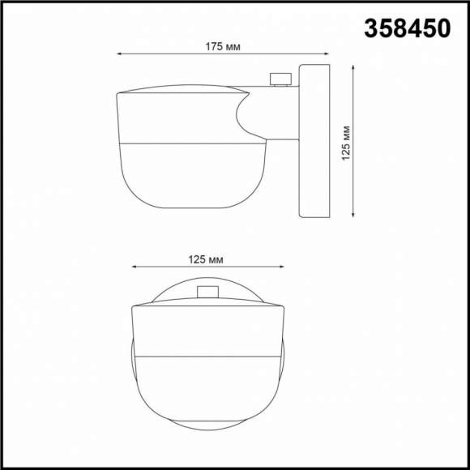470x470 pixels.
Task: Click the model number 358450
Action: pos(407,29)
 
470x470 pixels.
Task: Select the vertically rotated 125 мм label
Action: pos(345,143)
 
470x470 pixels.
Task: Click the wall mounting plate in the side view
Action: pos(314,142)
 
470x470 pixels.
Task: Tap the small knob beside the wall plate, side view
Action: pos(281,79)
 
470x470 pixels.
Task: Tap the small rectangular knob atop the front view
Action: pos(208,293)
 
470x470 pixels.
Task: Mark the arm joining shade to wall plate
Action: pos(276,113)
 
